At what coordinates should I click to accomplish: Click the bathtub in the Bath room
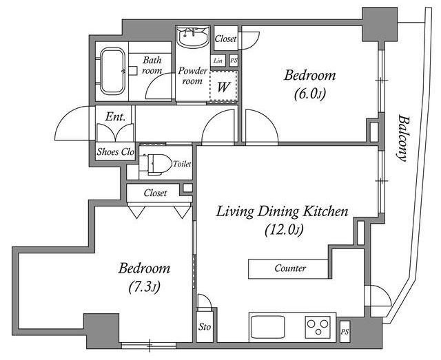coord(112,72)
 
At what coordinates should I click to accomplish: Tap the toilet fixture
coord(156,164)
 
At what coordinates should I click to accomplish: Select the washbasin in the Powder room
coord(193,38)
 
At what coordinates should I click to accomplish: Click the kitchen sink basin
coord(268,328)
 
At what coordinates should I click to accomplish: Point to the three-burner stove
coord(318,326)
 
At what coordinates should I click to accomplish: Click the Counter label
coord(290,268)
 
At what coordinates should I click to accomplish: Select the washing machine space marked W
coord(223,86)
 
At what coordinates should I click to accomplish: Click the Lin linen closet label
coord(218,61)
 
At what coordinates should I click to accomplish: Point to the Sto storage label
coord(205,326)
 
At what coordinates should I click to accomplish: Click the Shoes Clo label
coord(115,152)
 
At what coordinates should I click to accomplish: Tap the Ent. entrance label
coord(115,116)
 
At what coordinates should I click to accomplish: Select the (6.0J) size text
coord(309,94)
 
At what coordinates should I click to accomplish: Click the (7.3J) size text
coord(144,287)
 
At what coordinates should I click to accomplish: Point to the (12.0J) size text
coord(284,230)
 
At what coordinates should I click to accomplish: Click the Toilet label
coord(182,164)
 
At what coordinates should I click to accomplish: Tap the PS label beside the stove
coord(345,332)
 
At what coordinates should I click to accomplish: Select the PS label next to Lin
coord(234,61)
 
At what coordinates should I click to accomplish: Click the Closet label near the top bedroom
coord(225,39)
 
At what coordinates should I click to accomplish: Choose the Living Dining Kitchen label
coord(282,211)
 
